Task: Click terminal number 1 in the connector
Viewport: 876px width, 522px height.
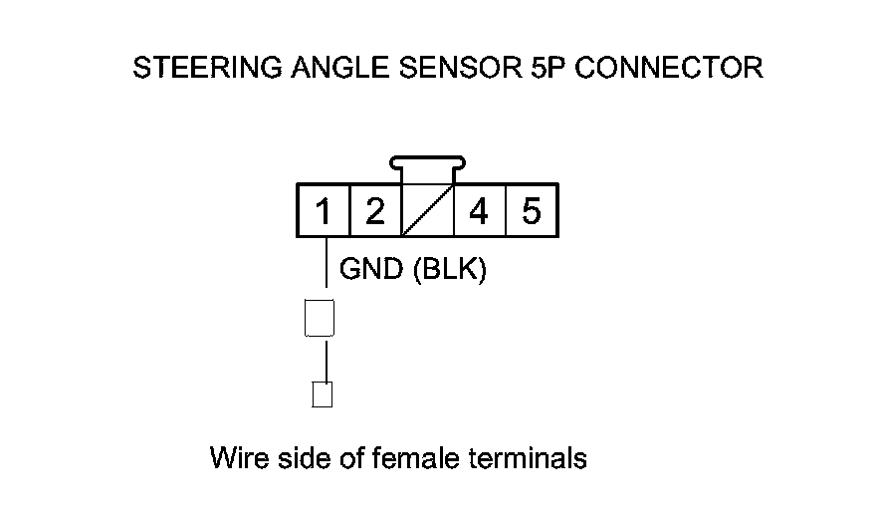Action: tap(323, 211)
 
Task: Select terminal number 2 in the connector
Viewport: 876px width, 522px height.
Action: tap(374, 211)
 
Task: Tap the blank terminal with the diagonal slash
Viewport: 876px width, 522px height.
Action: tap(428, 211)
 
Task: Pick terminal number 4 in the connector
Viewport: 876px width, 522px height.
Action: tap(479, 211)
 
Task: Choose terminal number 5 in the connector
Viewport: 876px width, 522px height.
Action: tap(532, 211)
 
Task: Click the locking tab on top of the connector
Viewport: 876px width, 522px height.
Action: tap(428, 165)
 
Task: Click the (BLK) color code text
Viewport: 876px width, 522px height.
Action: tap(448, 269)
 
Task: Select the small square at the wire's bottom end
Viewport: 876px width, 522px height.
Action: tap(322, 394)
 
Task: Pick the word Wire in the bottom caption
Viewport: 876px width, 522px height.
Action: tap(236, 458)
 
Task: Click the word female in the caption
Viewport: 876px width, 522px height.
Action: tap(414, 458)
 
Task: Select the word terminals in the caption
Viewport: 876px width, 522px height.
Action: tap(528, 458)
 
